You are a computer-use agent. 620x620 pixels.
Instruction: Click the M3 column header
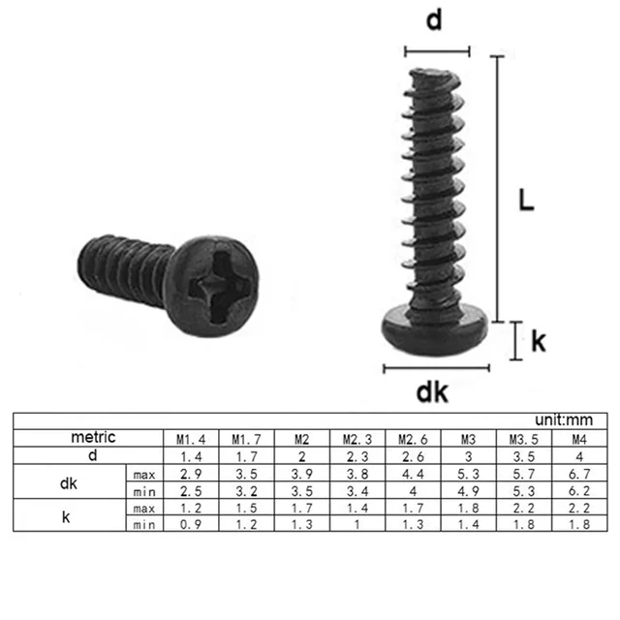469,438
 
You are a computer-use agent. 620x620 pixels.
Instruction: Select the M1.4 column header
191,438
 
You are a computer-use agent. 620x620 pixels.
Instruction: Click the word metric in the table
92,437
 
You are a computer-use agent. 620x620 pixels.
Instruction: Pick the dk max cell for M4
579,473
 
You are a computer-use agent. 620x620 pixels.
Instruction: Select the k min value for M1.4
191,524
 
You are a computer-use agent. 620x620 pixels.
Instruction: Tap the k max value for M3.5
524,507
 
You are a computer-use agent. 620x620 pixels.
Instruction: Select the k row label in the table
66,515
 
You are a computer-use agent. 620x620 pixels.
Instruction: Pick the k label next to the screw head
539,340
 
